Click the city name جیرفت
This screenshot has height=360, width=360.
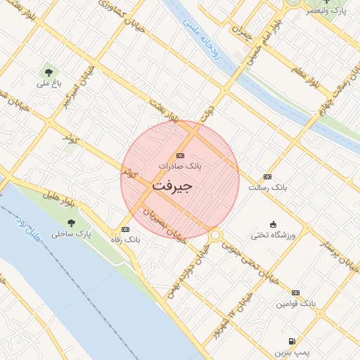click(x=172, y=187)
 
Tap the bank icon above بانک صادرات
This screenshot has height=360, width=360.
click(x=180, y=155)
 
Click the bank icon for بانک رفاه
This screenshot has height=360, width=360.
click(x=125, y=229)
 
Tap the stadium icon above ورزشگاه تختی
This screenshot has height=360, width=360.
click(x=274, y=224)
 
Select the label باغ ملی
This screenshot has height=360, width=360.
click(x=50, y=84)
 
